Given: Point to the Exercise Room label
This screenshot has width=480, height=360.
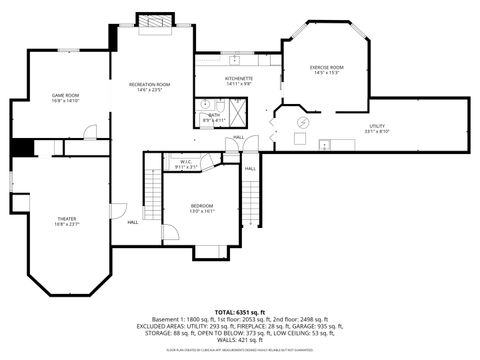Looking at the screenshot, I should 326,68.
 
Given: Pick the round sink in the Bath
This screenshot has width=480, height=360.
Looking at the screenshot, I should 219,103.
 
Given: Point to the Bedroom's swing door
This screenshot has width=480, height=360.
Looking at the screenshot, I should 170,232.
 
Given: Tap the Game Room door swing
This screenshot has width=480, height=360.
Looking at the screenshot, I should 90,132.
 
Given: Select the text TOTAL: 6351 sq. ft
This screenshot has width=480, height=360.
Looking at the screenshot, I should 239,312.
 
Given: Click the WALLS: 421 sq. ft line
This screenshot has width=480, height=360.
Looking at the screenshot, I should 239,339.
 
